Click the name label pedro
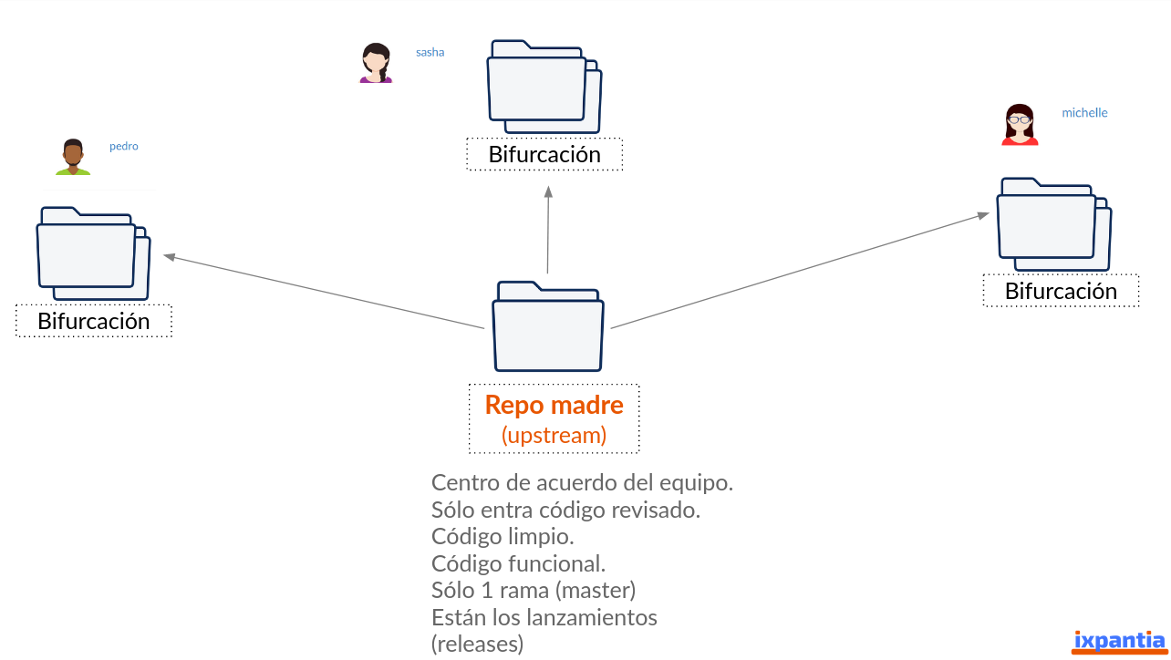point(123,147)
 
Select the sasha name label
point(430,52)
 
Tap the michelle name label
point(1084,113)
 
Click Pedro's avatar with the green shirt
point(73,157)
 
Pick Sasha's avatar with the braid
point(376,63)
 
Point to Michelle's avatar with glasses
point(1020,124)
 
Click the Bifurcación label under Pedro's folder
point(94,321)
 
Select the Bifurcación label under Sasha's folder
point(544,154)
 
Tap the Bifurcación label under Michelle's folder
point(1061,291)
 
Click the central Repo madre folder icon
point(548,326)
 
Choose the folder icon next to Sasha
point(544,87)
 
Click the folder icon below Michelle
point(1054,224)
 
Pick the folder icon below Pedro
point(94,253)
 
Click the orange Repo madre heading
point(554,405)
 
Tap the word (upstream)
point(554,436)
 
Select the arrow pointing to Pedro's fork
point(324,292)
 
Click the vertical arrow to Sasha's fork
point(548,230)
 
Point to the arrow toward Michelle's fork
point(800,270)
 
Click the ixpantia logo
point(1119,642)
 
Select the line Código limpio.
point(503,537)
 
